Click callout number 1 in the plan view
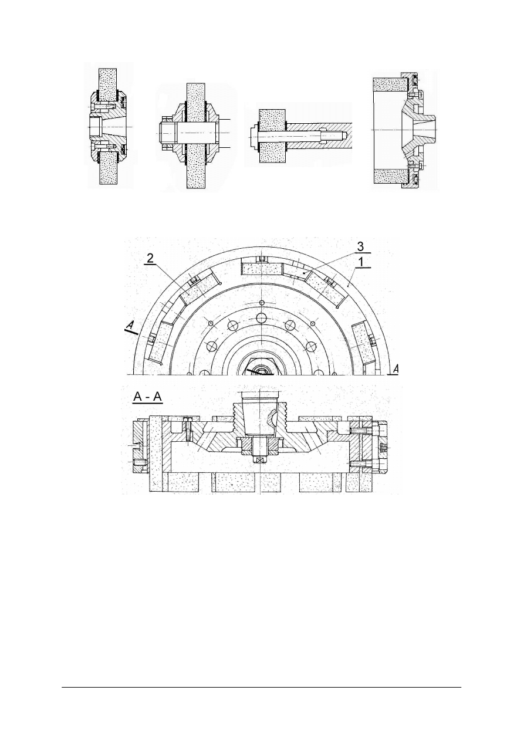coord(365,264)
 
